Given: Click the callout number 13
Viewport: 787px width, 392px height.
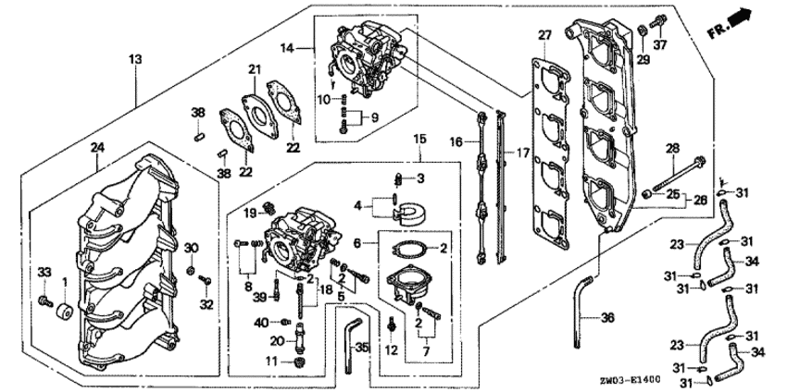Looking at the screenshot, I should coord(135,59).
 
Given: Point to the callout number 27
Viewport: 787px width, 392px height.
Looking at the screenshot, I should coord(544,35).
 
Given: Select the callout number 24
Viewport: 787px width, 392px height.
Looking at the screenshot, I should coord(96,147).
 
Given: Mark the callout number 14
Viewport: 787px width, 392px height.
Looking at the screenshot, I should coord(287,47).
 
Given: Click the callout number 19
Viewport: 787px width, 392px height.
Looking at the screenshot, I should coord(250,214).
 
